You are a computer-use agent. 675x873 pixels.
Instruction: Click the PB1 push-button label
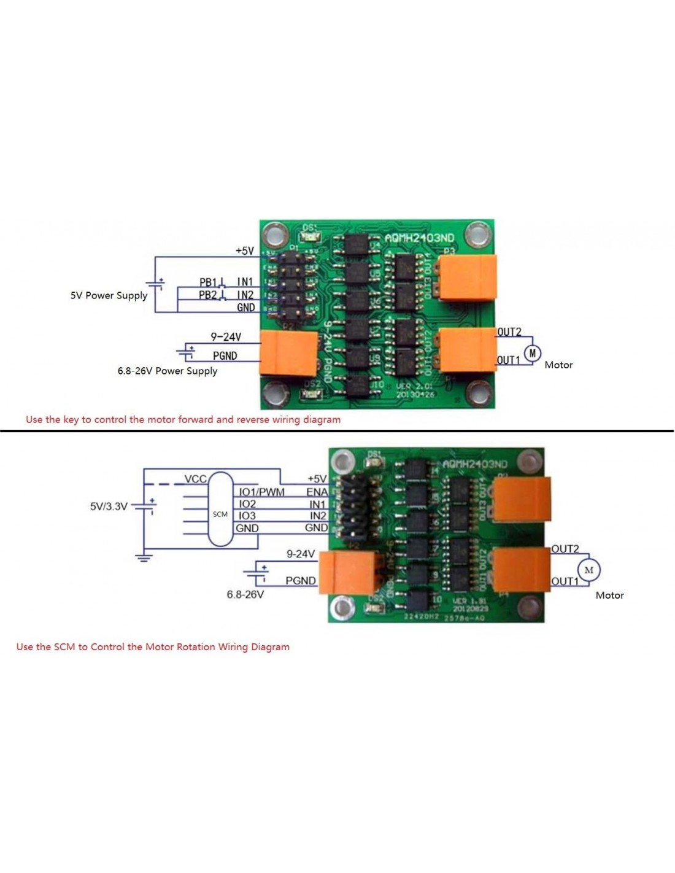click(208, 282)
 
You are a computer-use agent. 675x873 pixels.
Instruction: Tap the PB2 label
click(208, 295)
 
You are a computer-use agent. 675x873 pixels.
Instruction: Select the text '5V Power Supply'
click(109, 295)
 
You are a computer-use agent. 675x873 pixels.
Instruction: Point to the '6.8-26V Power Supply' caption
click(168, 371)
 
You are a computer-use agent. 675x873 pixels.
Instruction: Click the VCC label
click(195, 479)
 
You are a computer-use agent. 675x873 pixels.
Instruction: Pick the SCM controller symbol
click(220, 510)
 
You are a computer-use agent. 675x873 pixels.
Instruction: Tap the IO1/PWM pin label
click(261, 492)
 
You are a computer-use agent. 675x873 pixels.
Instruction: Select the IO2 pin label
click(247, 503)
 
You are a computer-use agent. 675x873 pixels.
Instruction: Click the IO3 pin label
click(247, 516)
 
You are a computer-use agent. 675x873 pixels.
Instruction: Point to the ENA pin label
click(317, 492)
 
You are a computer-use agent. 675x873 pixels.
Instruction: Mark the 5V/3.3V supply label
click(109, 506)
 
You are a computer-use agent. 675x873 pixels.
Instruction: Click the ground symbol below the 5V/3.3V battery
click(144, 557)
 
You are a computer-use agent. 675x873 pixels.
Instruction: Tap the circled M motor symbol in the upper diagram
click(532, 354)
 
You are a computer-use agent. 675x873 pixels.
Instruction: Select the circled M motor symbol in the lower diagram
click(588, 570)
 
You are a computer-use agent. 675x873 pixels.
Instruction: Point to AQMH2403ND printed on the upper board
click(420, 238)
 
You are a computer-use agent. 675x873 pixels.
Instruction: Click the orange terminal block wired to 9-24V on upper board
click(288, 352)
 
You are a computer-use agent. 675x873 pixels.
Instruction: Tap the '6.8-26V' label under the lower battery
click(245, 594)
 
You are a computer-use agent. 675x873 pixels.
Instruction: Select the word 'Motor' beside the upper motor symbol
click(558, 365)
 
